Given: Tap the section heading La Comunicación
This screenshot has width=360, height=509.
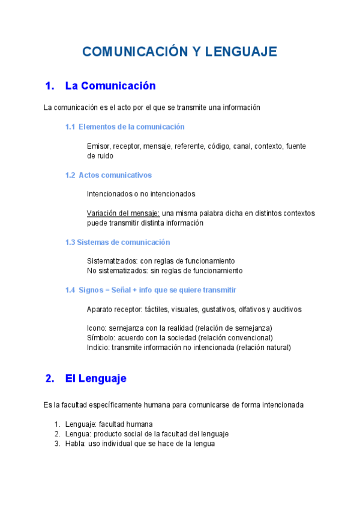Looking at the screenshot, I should point(110,86).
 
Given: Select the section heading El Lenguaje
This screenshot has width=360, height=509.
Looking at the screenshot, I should point(95,379).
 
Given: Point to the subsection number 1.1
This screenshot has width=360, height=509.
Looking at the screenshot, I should point(70,127).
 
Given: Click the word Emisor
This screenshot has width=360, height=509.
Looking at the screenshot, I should point(98,146).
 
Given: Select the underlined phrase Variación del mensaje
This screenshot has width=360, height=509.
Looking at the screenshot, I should point(123,213).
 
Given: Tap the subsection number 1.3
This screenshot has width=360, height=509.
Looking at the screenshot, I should point(70,242).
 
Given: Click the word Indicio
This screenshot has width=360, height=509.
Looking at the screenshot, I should point(98,348).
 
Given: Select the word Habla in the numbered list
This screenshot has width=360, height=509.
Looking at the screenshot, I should point(75,444).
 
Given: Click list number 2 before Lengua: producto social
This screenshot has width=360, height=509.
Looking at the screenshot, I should point(57,434).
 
